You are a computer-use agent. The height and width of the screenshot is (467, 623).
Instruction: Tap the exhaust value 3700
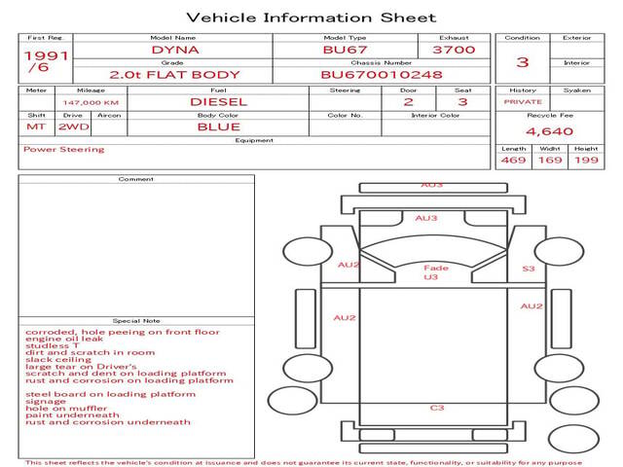coord(453,49)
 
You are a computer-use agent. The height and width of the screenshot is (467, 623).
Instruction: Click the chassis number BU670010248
coord(382,74)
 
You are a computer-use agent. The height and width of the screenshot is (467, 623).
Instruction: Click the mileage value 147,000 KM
coord(91,101)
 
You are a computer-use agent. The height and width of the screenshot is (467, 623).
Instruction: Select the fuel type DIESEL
coord(218,101)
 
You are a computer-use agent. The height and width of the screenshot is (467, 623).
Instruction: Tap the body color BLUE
coord(218,126)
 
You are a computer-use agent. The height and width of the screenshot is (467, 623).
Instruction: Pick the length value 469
coord(513,160)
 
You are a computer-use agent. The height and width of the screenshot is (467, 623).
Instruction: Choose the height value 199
coord(586,160)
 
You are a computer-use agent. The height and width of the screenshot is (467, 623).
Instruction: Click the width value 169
coord(550,160)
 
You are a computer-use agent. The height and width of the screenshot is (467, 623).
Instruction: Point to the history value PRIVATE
coord(523,101)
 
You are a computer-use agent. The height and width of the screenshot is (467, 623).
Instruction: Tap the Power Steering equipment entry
coord(63,150)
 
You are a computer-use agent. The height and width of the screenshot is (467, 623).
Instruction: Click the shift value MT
coord(36,126)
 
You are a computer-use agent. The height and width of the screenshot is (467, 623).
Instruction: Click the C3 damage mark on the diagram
coord(437,408)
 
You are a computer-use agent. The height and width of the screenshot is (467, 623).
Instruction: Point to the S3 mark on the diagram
coord(529,269)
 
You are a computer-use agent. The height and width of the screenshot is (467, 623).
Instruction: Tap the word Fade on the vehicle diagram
coord(436,268)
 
